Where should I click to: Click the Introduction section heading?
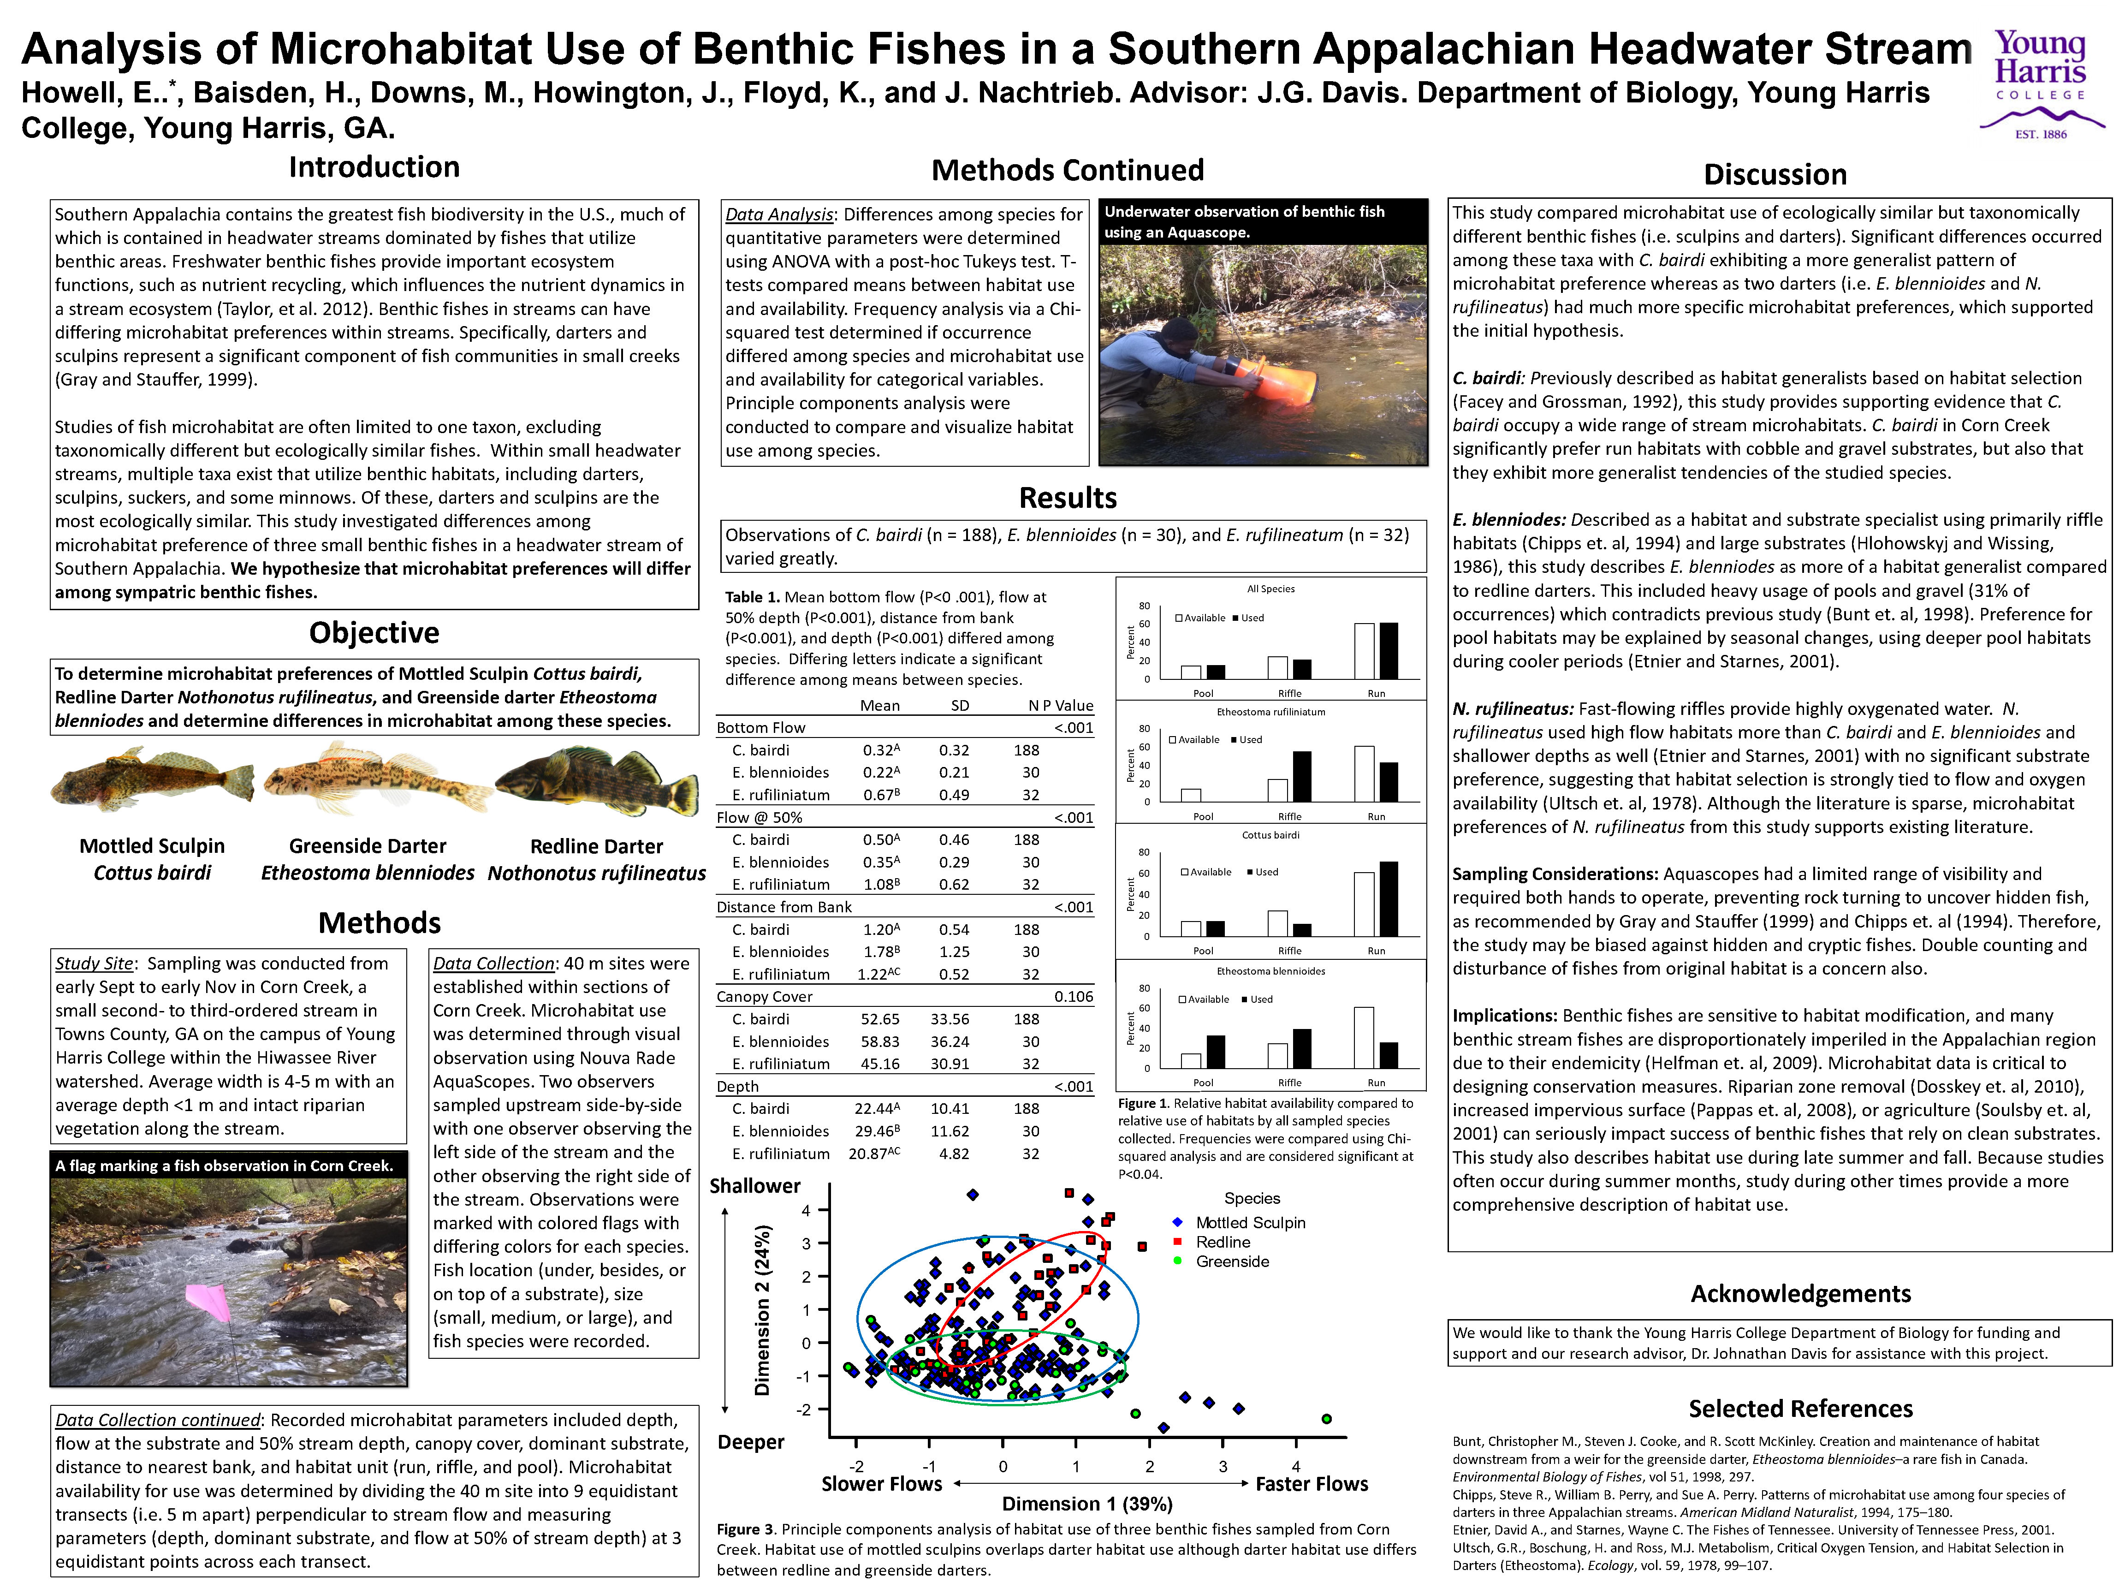pyautogui.click(x=374, y=167)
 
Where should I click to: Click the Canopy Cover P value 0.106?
pyautogui.click(x=1073, y=996)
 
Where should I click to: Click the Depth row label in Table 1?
pyautogui.click(x=738, y=1086)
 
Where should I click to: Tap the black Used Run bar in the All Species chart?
pyautogui.click(x=1388, y=651)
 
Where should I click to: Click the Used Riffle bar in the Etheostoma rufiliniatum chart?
pyautogui.click(x=1302, y=776)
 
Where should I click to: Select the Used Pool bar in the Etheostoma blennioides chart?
pyautogui.click(x=1215, y=1051)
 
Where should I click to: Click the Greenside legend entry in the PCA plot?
pyautogui.click(x=1232, y=1261)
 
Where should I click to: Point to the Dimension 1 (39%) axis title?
pyautogui.click(x=1086, y=1504)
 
